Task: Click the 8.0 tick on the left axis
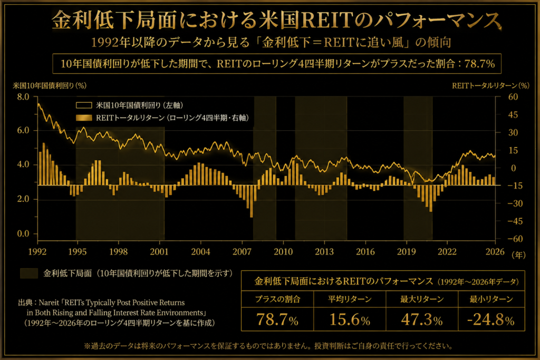(x=23, y=97)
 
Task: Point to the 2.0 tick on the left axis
(x=23, y=199)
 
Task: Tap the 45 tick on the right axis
(x=513, y=114)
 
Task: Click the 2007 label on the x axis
(x=242, y=252)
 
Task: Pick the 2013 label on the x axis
(x=324, y=252)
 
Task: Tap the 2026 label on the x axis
(x=495, y=252)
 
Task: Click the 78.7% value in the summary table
(x=277, y=319)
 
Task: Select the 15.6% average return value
(x=350, y=319)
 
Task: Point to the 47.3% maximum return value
(x=422, y=319)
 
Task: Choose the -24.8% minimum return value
(x=491, y=319)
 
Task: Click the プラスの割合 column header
(x=277, y=299)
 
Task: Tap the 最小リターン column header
(x=491, y=299)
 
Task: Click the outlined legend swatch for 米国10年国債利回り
(x=84, y=105)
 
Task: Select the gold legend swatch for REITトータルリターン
(x=84, y=118)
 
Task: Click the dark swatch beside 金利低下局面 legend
(x=29, y=273)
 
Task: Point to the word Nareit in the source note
(x=49, y=303)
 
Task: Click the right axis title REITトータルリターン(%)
(x=490, y=86)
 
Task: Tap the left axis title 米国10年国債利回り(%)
(x=50, y=86)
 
